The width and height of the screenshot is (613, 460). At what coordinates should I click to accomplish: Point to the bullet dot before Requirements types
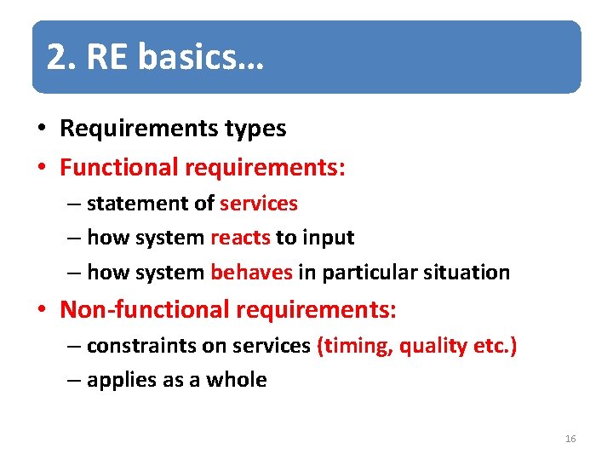click(x=41, y=129)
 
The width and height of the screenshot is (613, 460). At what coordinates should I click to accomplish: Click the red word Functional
click(x=118, y=167)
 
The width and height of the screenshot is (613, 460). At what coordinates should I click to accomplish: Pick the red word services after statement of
click(x=259, y=204)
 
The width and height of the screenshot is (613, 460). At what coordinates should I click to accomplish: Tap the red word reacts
click(x=240, y=238)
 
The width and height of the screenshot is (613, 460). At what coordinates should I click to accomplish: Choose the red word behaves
click(x=251, y=273)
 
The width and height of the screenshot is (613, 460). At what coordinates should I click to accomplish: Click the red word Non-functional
click(x=144, y=309)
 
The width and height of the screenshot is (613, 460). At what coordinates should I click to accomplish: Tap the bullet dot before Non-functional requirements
click(x=41, y=310)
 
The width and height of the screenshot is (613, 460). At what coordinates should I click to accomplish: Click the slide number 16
click(x=570, y=439)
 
